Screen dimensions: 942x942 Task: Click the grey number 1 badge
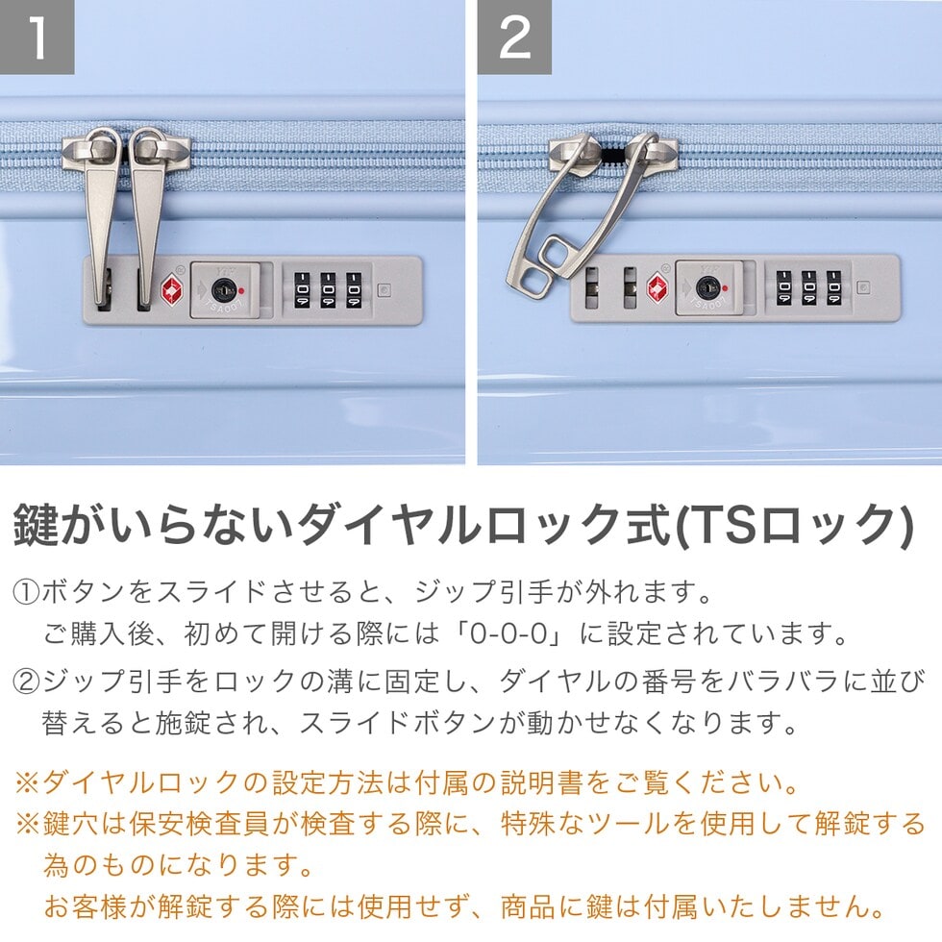(x=37, y=37)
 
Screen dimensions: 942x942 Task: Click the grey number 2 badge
(x=514, y=37)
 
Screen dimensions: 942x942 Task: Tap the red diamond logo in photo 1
(x=173, y=290)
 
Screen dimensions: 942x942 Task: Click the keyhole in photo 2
(x=708, y=288)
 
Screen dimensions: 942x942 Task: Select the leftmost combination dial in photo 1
(x=302, y=290)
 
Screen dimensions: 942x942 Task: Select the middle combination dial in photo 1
(x=328, y=290)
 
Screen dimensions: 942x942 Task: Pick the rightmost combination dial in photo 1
(x=355, y=290)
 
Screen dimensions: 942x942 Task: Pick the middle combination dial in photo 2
(x=808, y=287)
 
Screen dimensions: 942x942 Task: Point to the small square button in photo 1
(x=384, y=290)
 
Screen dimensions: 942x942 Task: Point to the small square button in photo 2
(x=863, y=287)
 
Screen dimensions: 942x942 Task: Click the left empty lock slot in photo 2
(x=592, y=288)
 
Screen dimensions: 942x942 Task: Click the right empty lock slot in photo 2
(x=630, y=288)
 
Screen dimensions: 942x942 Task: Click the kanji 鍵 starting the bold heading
(x=37, y=525)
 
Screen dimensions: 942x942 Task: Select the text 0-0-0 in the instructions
(x=508, y=633)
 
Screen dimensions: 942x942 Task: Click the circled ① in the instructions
(x=26, y=592)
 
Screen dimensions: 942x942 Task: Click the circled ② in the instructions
(x=26, y=682)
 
